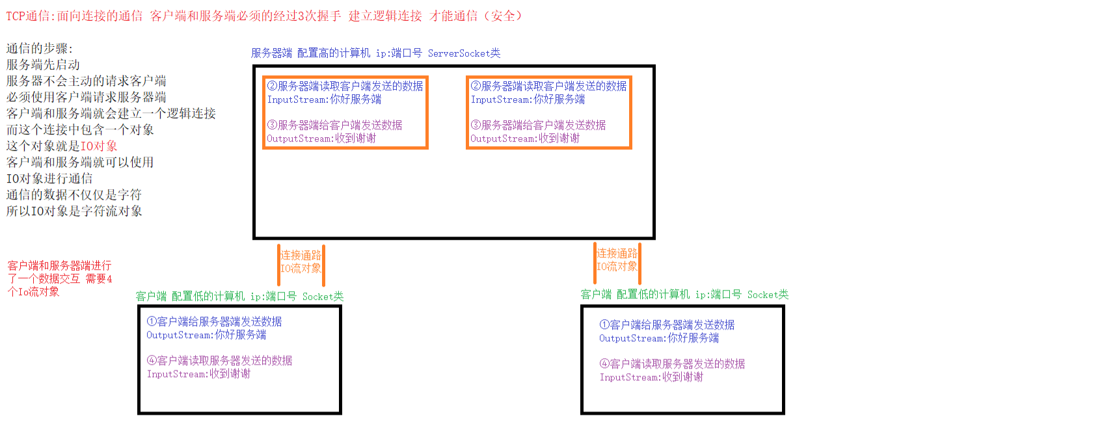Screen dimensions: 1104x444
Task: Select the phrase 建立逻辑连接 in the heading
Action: tap(385, 16)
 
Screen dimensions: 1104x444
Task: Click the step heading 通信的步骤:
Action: tap(40, 48)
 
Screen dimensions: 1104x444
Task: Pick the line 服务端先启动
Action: tap(43, 64)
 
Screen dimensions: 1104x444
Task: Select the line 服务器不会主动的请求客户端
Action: tap(86, 81)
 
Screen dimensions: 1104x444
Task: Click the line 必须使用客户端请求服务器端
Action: tap(86, 97)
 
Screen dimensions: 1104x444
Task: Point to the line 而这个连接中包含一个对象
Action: tap(80, 129)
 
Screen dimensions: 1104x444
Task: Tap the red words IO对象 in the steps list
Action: tap(99, 146)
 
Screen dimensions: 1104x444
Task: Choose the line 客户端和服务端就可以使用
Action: tap(80, 162)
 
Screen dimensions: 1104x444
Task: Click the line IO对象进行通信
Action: tap(49, 178)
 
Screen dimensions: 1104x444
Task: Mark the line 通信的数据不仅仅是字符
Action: tap(74, 194)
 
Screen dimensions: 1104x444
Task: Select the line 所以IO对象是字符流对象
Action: tap(74, 211)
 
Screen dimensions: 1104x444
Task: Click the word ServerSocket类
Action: tap(464, 53)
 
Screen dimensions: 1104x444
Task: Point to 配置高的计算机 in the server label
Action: tap(333, 53)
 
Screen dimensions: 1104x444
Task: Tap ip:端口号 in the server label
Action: tap(399, 53)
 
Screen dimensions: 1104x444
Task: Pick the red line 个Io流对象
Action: tap(33, 292)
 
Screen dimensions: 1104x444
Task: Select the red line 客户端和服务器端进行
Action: tap(59, 266)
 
